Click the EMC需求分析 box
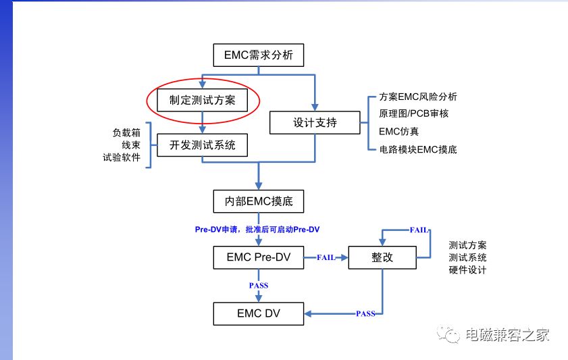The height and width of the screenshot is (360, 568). [258, 55]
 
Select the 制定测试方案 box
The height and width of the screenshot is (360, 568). [202, 100]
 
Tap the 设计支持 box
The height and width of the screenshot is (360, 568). [315, 122]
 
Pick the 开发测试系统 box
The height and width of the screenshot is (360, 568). [202, 145]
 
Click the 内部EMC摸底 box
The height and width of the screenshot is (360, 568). [258, 201]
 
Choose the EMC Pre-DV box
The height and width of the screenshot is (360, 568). [258, 257]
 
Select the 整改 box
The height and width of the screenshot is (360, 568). [382, 257]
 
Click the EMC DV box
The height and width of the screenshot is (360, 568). [258, 313]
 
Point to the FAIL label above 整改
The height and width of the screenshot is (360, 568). [419, 230]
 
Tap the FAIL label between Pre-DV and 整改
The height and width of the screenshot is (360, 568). [326, 257]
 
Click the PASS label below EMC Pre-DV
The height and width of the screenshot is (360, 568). [259, 286]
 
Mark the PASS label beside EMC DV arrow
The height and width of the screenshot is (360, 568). [365, 313]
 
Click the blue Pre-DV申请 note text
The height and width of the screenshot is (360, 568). [257, 229]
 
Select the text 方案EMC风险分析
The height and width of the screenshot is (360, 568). [418, 97]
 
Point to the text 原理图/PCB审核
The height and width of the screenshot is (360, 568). [414, 113]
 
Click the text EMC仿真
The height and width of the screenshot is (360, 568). [399, 131]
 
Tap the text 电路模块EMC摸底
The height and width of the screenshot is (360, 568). [418, 149]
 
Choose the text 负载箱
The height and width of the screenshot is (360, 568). [126, 132]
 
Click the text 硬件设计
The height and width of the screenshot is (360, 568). [467, 269]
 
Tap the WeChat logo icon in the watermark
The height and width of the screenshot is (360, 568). [448, 334]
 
